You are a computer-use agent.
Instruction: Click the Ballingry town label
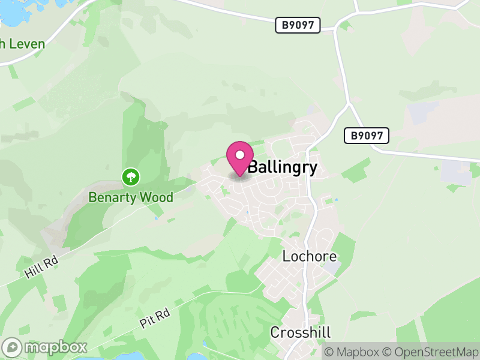pyautogui.click(x=282, y=167)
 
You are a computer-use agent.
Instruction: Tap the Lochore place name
pyautogui.click(x=306, y=256)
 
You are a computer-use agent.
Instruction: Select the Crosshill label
pyautogui.click(x=300, y=332)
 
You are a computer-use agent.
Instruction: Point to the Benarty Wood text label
pyautogui.click(x=131, y=197)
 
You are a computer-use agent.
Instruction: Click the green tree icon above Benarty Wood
pyautogui.click(x=131, y=177)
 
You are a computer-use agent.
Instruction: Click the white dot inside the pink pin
pyautogui.click(x=240, y=155)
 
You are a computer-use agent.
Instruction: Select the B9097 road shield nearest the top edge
pyautogui.click(x=298, y=25)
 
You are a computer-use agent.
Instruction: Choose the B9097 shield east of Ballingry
pyautogui.click(x=367, y=136)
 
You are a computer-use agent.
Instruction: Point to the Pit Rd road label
pyautogui.click(x=155, y=318)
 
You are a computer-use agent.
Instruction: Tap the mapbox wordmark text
pyautogui.click(x=55, y=347)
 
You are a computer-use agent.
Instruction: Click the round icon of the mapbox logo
pyautogui.click(x=13, y=347)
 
